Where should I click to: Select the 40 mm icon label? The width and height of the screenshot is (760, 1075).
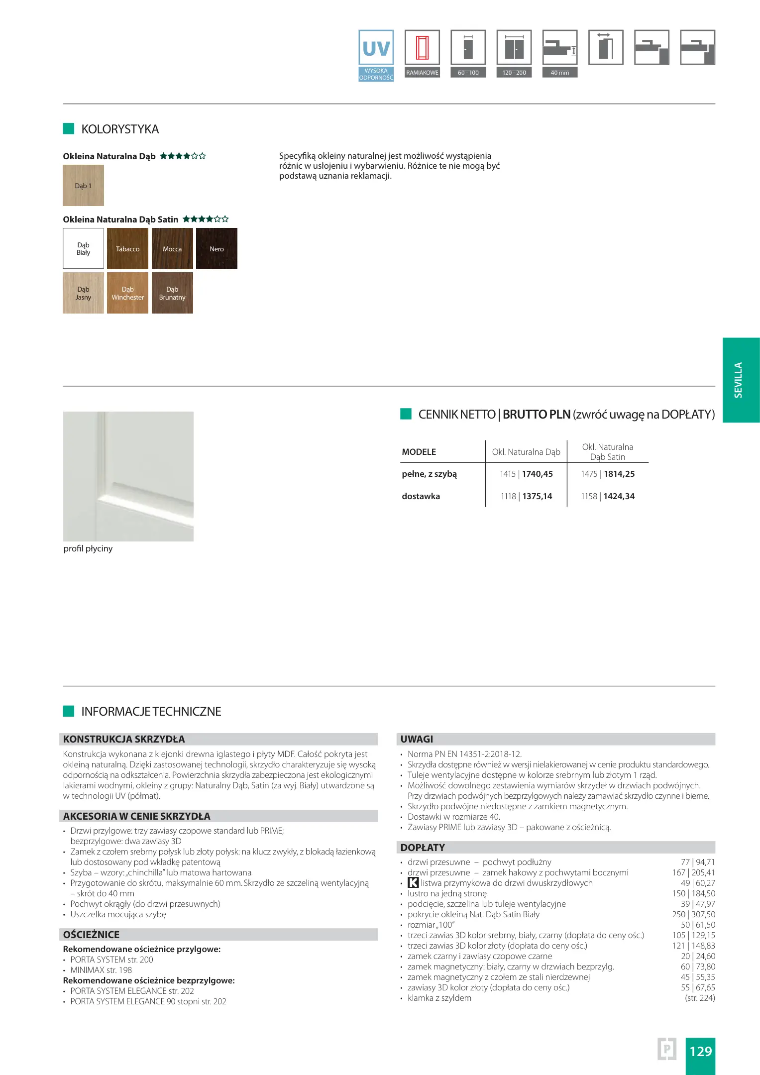click(x=560, y=73)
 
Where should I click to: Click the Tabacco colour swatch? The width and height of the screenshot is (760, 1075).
click(x=128, y=249)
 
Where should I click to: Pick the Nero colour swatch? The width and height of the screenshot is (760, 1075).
click(x=217, y=249)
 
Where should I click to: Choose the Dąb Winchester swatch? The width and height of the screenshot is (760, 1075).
click(x=128, y=293)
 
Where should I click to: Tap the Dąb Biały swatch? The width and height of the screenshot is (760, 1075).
click(x=84, y=249)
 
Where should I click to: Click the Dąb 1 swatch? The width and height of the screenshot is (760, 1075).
click(x=84, y=186)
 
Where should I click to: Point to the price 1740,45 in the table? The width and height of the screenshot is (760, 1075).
click(x=537, y=474)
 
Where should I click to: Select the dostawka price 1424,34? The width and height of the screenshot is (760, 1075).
click(x=619, y=496)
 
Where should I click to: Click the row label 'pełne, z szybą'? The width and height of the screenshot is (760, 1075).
click(x=429, y=474)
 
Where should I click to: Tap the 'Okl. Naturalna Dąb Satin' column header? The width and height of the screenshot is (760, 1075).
click(x=607, y=452)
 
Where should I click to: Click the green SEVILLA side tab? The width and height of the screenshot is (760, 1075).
click(x=741, y=380)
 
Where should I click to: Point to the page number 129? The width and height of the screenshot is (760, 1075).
click(x=700, y=1051)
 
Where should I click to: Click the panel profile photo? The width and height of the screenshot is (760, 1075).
click(x=128, y=476)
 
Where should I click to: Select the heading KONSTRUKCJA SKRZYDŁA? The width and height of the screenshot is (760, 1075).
click(x=124, y=739)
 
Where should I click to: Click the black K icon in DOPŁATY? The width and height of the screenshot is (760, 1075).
click(x=413, y=883)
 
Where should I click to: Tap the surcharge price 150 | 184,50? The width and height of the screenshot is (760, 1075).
click(x=693, y=893)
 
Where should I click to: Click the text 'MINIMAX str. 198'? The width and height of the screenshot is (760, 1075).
click(x=101, y=970)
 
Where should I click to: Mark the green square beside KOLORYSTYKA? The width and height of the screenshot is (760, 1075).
click(x=69, y=129)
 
